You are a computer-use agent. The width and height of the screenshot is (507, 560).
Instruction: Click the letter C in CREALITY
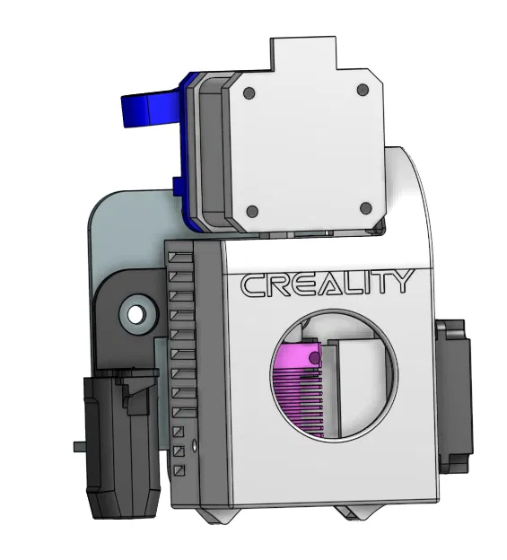click(251, 285)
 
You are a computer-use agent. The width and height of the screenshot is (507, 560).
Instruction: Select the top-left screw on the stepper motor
click(251, 92)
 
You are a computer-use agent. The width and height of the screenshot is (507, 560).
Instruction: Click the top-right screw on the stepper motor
click(363, 91)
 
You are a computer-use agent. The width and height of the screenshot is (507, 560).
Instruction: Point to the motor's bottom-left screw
click(252, 212)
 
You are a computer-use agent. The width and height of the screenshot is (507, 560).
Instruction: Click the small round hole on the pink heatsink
click(315, 357)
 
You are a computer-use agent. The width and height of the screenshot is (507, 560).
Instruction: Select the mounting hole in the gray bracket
click(136, 315)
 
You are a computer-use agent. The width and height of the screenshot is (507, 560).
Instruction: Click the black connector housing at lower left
click(121, 449)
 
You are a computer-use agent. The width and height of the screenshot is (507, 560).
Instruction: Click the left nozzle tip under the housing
click(219, 517)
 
